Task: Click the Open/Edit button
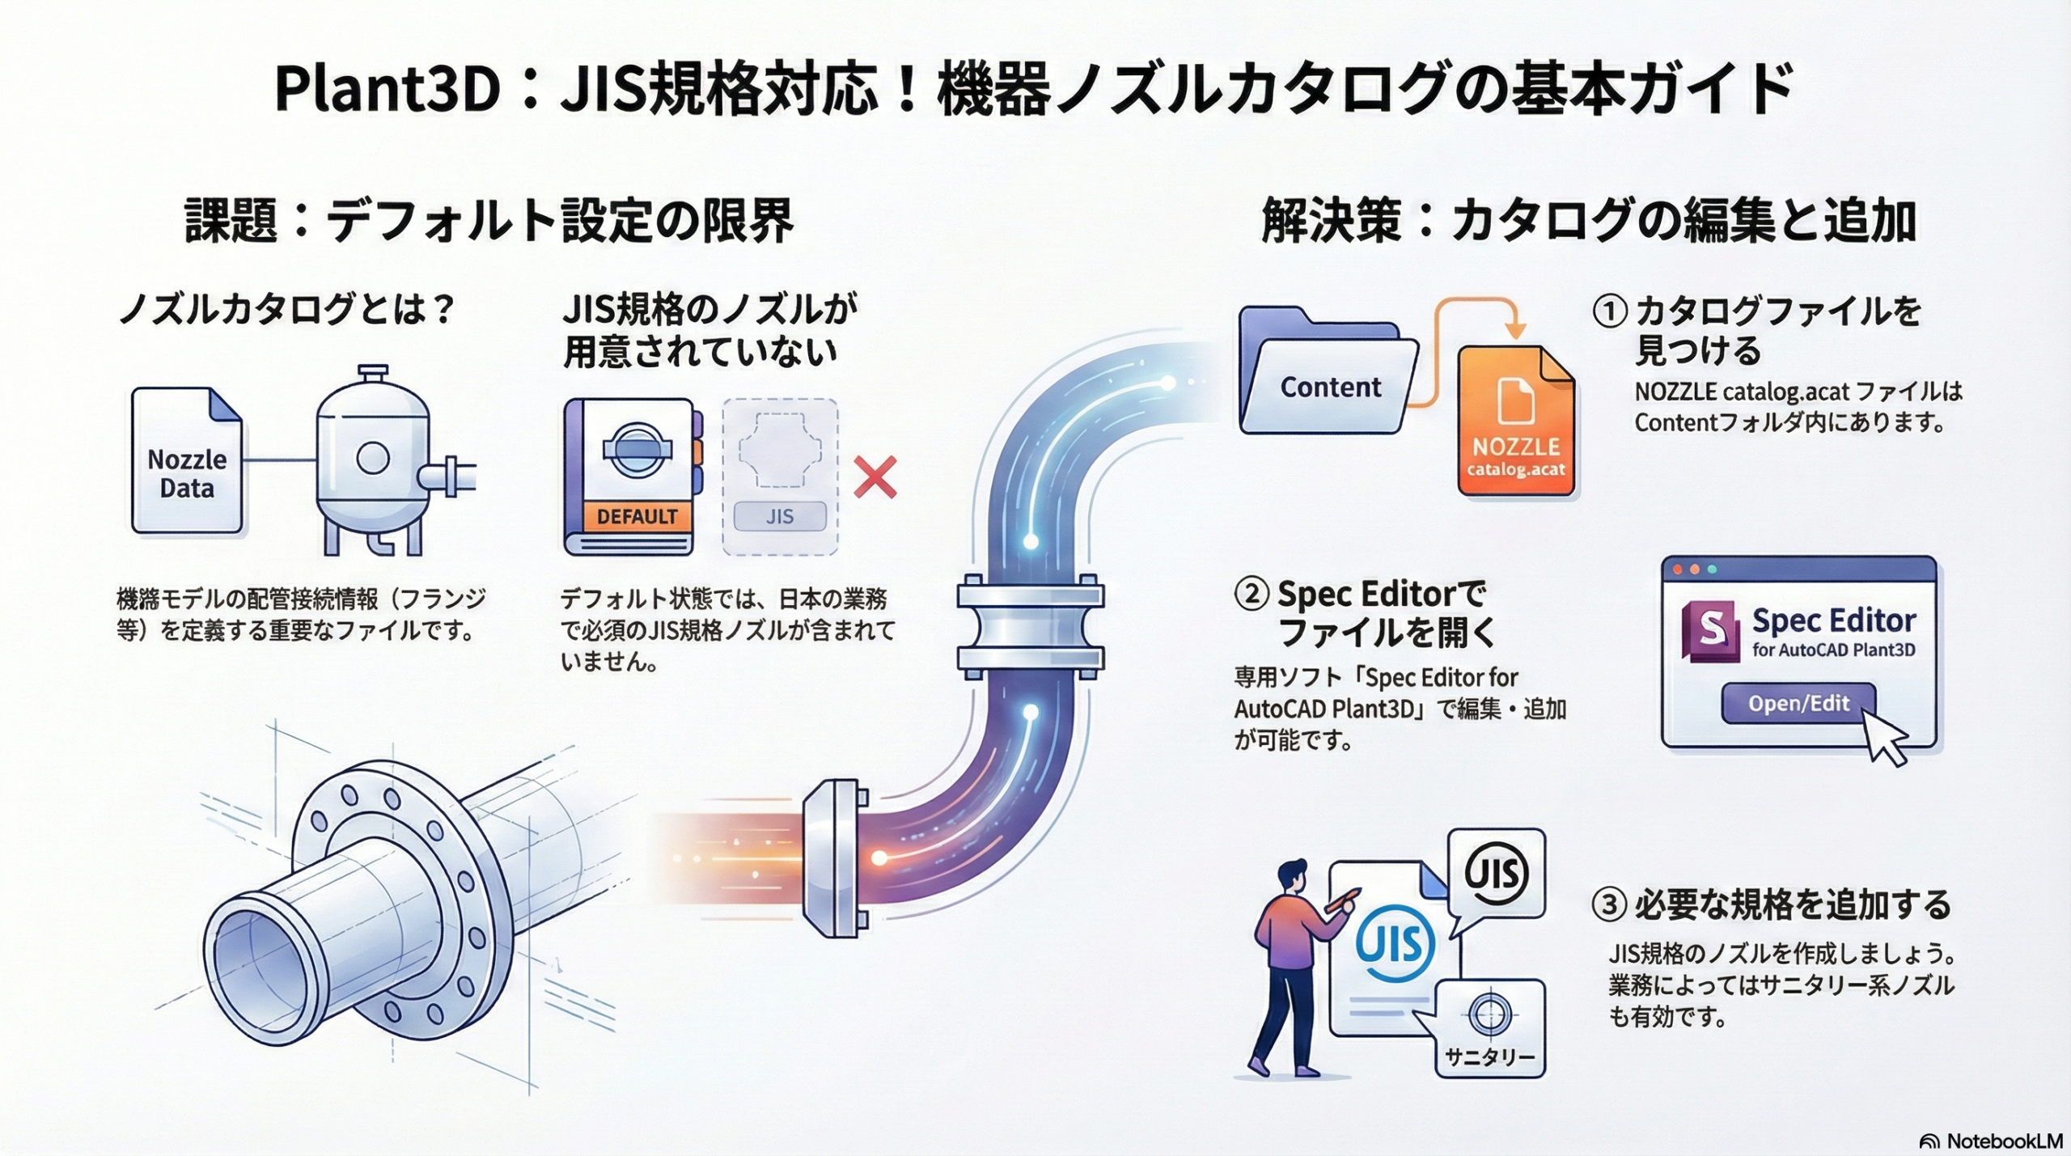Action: (x=1798, y=703)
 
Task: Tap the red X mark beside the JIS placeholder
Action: (x=875, y=477)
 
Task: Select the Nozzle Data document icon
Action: (x=187, y=461)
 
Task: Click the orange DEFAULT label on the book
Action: (x=637, y=516)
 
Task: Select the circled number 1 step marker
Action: (x=1609, y=311)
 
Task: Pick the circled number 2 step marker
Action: (x=1251, y=595)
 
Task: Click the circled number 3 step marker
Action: (x=1608, y=904)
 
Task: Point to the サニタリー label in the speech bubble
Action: (x=1489, y=1056)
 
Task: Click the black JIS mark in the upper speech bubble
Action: (x=1497, y=873)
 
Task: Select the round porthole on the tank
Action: (x=373, y=458)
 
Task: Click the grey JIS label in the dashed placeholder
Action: (x=780, y=516)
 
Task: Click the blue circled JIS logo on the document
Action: (x=1395, y=944)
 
